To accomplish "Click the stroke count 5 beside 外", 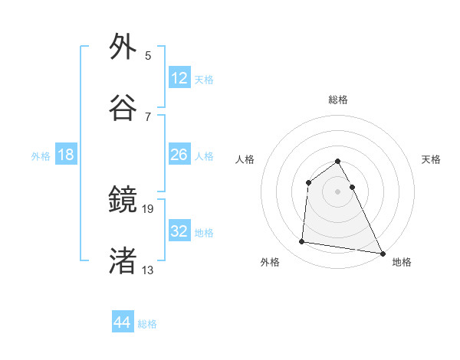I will tap(148, 56).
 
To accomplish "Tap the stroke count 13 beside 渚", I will tap(148, 270).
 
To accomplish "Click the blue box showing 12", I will tap(179, 78).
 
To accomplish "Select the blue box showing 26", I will tap(179, 155).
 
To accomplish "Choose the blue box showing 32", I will tap(179, 231).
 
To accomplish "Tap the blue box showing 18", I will tap(66, 155).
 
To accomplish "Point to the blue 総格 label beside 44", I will tap(147, 324).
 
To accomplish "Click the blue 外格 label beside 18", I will tap(41, 156).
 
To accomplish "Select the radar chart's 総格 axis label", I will tap(338, 100).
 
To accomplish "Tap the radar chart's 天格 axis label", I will tap(432, 159).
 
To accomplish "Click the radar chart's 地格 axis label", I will tap(402, 262).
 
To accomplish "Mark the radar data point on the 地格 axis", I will tap(383, 253).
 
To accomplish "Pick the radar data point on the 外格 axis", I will tap(302, 242).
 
